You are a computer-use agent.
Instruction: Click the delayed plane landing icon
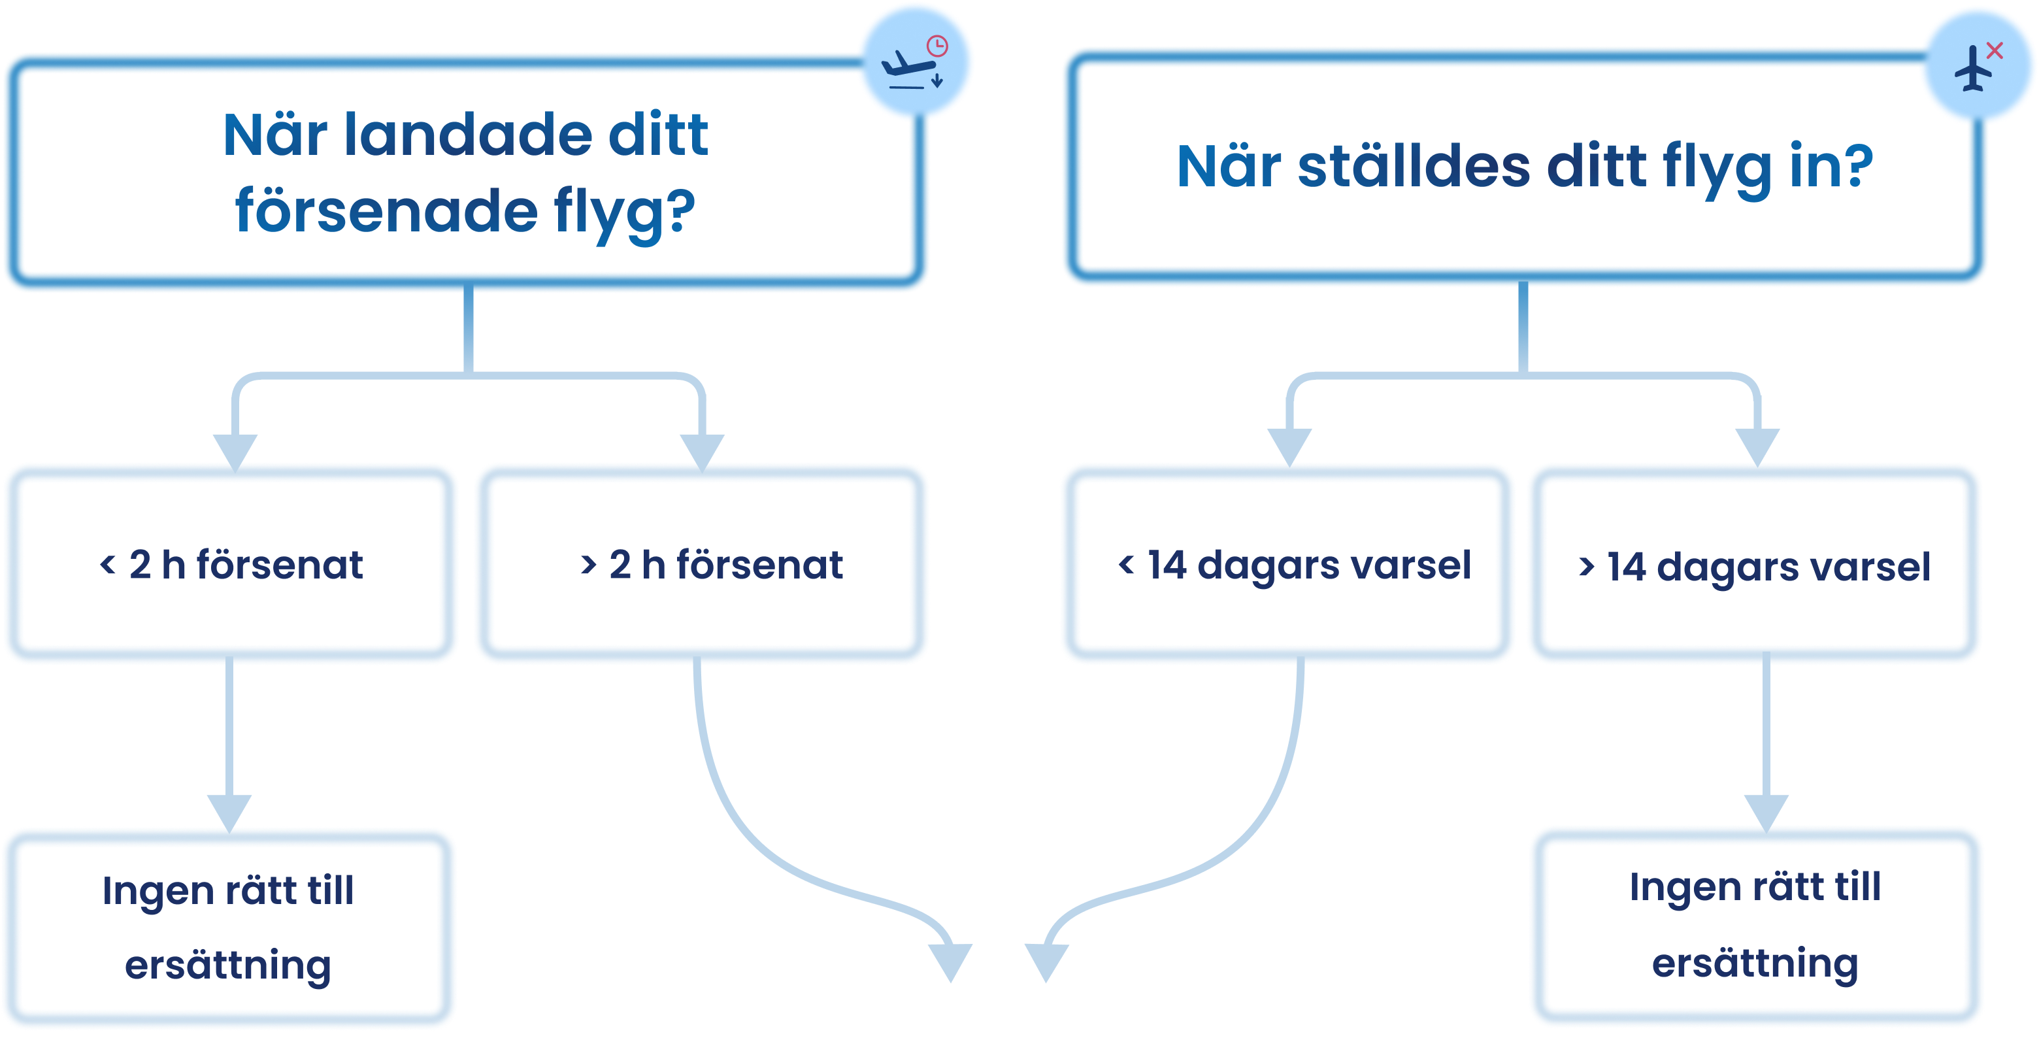(x=914, y=63)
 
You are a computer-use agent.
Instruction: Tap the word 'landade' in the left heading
(x=468, y=135)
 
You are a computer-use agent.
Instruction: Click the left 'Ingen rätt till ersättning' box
(x=229, y=928)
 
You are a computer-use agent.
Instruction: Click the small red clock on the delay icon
(x=937, y=45)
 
